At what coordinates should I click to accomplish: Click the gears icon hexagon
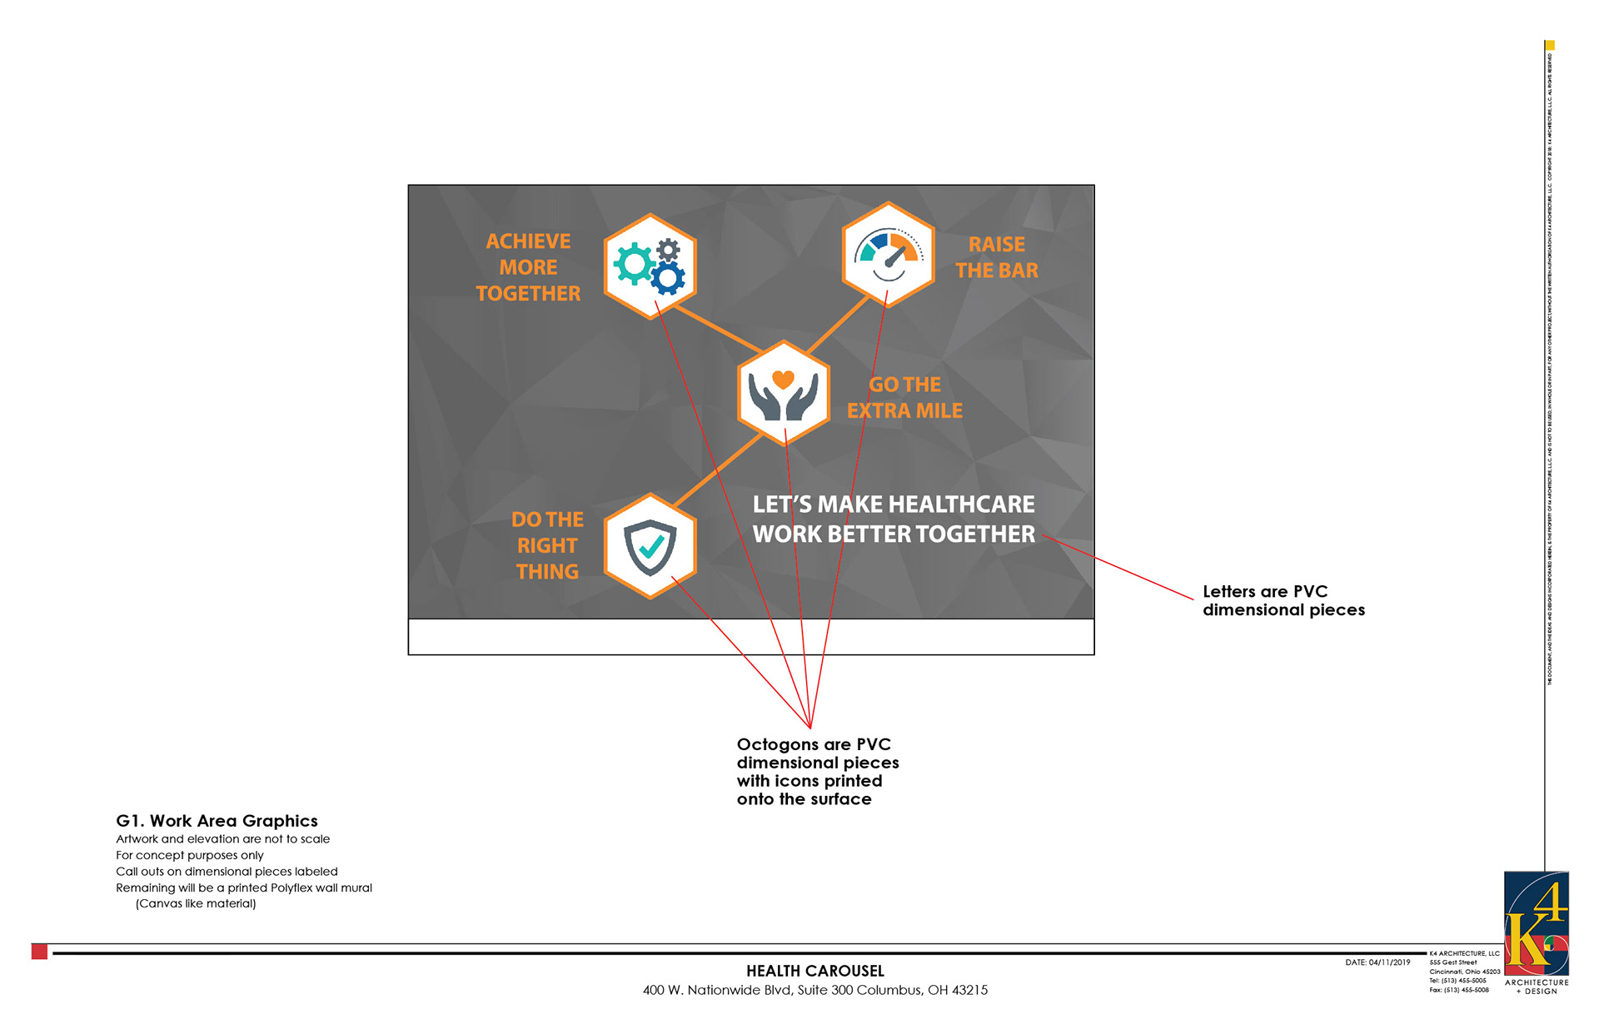(650, 266)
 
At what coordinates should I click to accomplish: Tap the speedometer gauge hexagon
(889, 254)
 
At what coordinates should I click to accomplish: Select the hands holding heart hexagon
(784, 393)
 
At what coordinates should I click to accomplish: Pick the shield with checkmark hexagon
(650, 546)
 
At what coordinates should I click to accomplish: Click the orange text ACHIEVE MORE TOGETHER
(528, 267)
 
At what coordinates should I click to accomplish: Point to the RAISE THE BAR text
(996, 257)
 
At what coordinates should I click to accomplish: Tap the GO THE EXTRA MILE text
(904, 397)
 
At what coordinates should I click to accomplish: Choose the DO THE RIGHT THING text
(547, 545)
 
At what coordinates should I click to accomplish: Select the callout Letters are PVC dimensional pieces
(1283, 600)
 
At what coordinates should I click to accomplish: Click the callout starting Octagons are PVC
(817, 771)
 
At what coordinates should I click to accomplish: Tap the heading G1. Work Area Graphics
(217, 821)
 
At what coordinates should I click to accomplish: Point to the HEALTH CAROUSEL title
(815, 971)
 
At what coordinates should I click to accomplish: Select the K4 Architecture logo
(1537, 924)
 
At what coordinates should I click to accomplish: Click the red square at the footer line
(39, 952)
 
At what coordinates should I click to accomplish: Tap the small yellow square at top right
(1550, 45)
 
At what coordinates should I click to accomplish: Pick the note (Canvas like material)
(196, 903)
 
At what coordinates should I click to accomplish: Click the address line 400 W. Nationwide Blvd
(815, 990)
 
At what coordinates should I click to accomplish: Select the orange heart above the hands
(783, 379)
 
